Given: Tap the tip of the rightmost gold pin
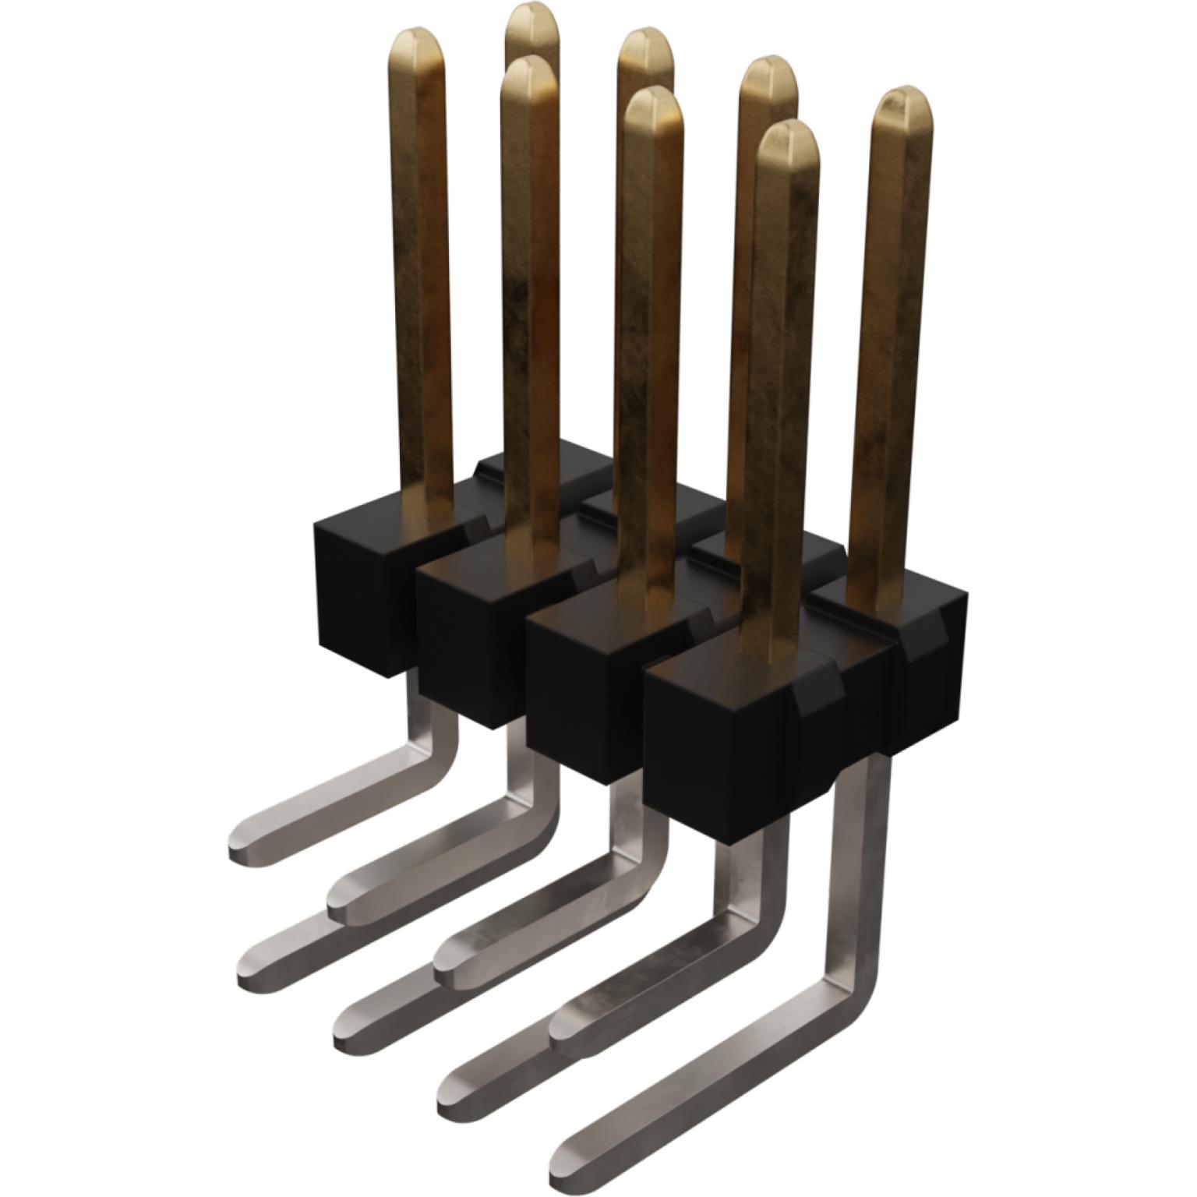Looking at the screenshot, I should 902,108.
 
